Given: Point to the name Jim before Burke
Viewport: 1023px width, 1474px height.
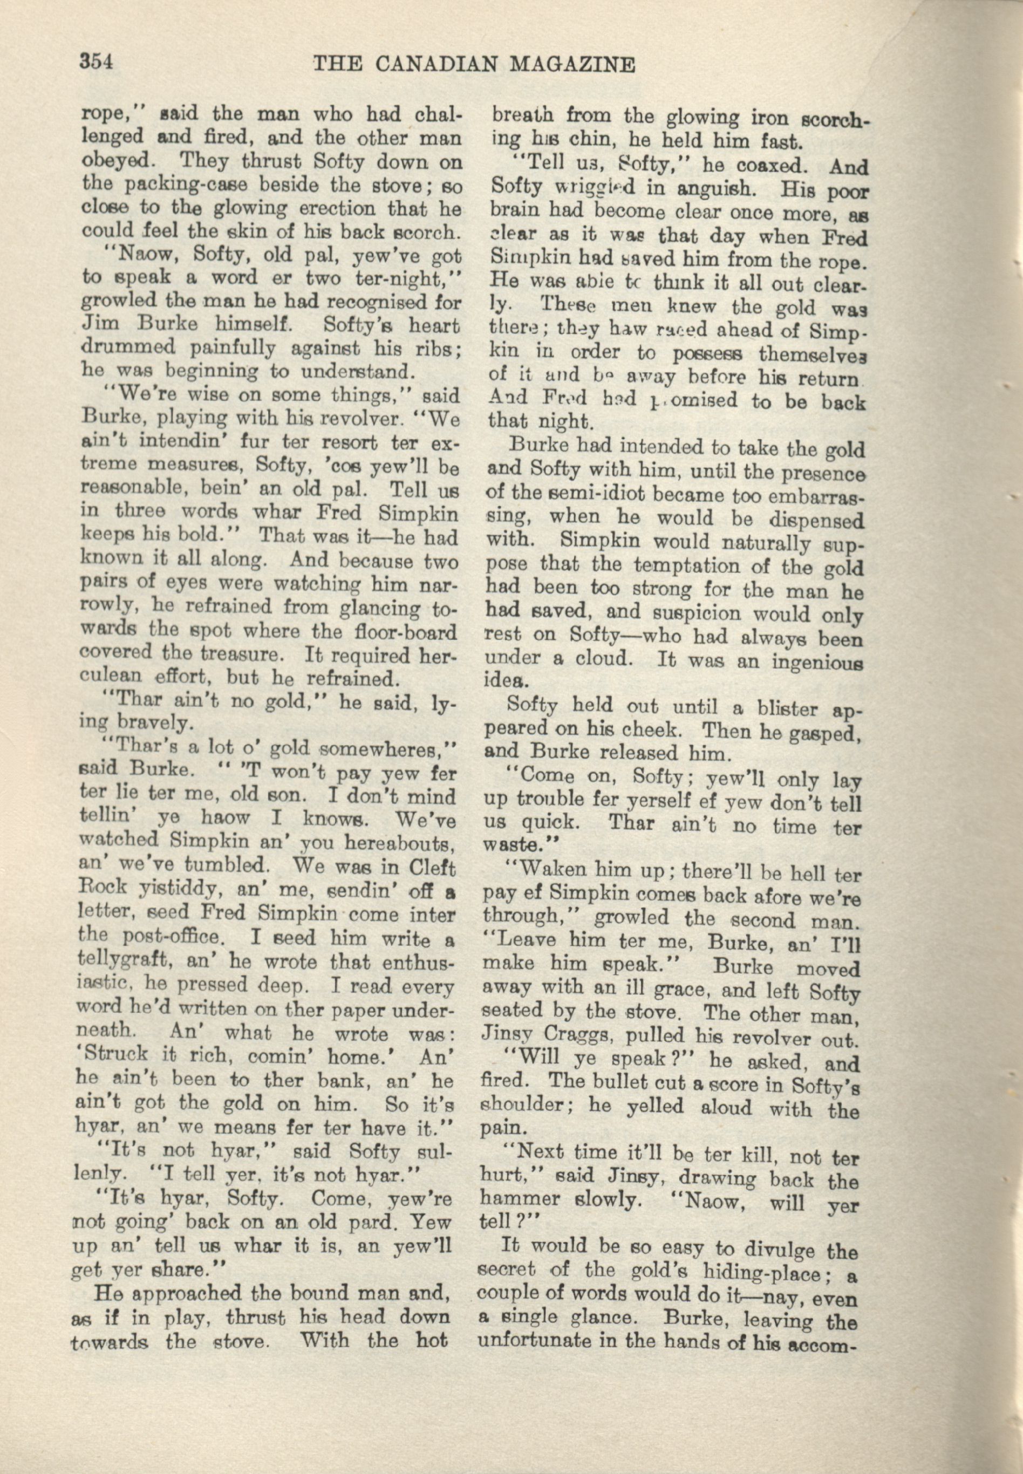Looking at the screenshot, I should (97, 325).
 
